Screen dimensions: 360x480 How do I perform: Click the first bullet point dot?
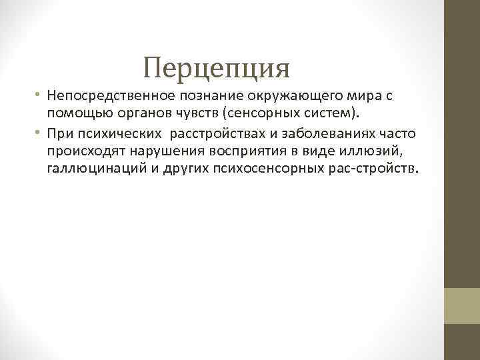coord(38,96)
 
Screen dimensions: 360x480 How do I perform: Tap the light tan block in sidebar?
coord(462,305)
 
